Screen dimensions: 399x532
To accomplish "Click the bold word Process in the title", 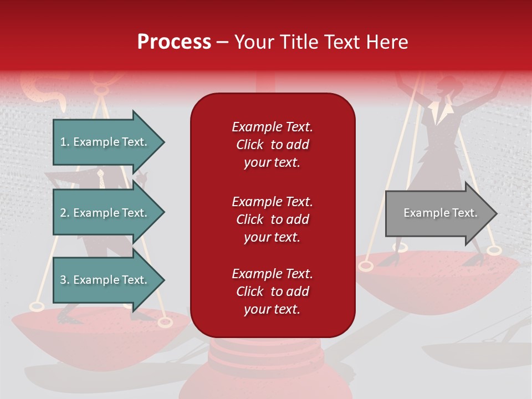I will point(174,42).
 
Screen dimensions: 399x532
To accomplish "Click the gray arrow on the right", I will point(441,213).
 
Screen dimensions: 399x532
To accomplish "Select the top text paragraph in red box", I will point(272,145).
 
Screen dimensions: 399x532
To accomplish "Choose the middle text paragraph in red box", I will point(272,219).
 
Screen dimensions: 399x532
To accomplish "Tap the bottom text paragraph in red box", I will point(272,291).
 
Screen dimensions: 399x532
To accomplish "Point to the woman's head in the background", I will point(447,88).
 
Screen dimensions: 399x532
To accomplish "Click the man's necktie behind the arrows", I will point(101,179).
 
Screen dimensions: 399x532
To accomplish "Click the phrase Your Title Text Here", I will point(321,42).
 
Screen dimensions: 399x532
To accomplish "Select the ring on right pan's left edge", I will point(365,266).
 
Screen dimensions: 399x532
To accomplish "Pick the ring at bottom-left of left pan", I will point(37,306).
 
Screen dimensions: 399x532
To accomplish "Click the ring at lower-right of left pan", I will point(165,322).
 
